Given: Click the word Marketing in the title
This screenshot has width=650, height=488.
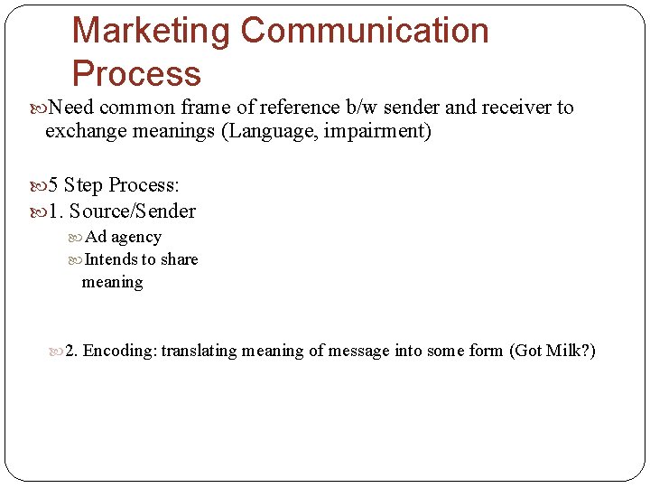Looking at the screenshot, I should (x=151, y=31).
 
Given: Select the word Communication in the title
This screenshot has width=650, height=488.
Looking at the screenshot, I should (x=365, y=31).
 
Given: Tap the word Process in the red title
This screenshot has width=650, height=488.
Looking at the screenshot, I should (x=136, y=73).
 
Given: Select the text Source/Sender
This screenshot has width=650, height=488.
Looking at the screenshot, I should (x=133, y=211).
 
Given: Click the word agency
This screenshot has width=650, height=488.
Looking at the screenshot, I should (x=135, y=238).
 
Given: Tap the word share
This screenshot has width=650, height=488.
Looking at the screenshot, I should (x=179, y=259).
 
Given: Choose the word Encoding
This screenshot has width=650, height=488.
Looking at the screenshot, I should (x=120, y=351).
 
